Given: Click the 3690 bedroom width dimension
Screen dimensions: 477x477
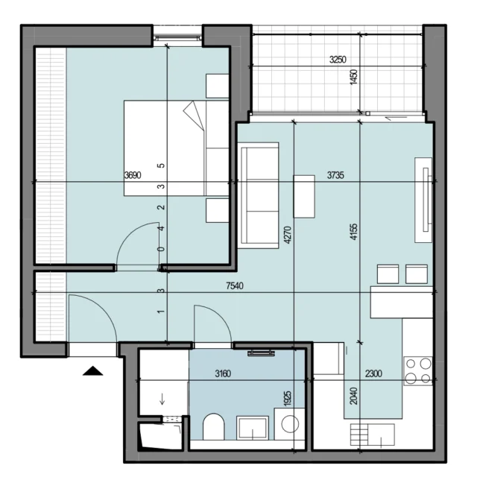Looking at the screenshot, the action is coord(133,175).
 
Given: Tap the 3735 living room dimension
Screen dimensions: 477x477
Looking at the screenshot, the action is coord(335,175).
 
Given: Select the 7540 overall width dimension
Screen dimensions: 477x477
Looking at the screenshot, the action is coord(235,285).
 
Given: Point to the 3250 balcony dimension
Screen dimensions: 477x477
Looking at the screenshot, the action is coord(338,60).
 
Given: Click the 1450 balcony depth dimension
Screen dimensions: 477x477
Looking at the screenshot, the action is coord(353,78).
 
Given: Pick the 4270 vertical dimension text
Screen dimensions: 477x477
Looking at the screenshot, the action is coord(288,235).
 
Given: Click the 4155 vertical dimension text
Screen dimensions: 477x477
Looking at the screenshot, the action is coord(354,232).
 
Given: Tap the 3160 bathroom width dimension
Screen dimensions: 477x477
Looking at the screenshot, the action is coord(223,373).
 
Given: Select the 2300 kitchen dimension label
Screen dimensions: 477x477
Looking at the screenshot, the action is coord(373,373).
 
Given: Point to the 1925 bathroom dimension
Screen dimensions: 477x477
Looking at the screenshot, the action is coord(288,398).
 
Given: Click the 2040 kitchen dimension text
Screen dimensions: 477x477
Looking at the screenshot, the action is coord(353,396).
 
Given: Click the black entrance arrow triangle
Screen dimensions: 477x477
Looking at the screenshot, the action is coord(92,371).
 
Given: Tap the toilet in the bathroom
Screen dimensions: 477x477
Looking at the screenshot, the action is coord(214,426).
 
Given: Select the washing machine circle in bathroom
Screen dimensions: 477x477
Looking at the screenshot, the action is coord(290,424).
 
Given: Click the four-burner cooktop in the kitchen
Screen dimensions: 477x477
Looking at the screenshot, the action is coord(418,371).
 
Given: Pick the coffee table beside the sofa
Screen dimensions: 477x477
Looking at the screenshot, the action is coord(304,196).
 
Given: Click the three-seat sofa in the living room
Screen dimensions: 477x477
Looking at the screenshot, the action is coord(259,195).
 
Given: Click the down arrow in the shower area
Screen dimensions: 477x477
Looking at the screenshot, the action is coord(162,399).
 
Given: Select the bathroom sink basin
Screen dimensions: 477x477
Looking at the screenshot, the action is coord(253,428).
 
